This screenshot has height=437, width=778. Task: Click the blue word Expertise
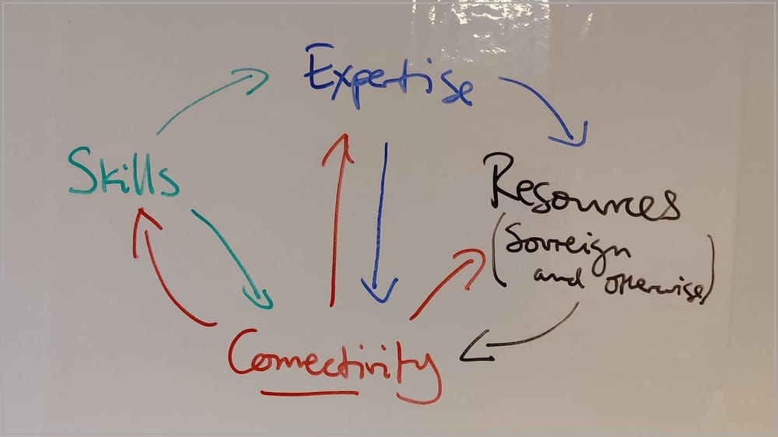pos(388,77)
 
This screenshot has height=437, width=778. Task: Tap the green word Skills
pos(124,172)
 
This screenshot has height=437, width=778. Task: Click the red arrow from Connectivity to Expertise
pos(338,218)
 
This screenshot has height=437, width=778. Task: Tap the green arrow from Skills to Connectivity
pos(231,258)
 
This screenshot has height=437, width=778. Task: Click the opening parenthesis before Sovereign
pos(498,250)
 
